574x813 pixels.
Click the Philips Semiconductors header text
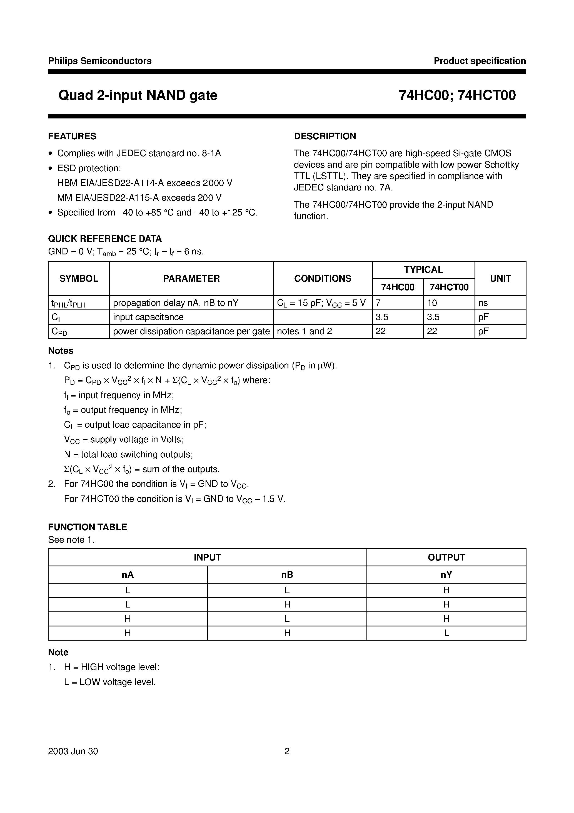[x=100, y=61]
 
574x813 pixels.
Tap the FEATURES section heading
[x=72, y=136]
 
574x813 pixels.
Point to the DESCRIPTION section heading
[x=325, y=136]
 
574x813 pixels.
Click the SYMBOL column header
[x=79, y=279]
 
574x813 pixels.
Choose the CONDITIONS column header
[x=322, y=279]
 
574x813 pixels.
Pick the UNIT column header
[x=500, y=279]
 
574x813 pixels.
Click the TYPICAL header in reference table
[x=423, y=270]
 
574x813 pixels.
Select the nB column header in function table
[x=287, y=575]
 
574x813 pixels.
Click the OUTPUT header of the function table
[x=446, y=557]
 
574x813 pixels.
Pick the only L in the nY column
[x=446, y=633]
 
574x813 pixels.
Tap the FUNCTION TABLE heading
[x=88, y=527]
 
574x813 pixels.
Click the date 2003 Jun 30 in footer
[x=73, y=751]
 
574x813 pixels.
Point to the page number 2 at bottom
[x=287, y=751]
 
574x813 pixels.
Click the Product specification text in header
[x=480, y=61]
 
